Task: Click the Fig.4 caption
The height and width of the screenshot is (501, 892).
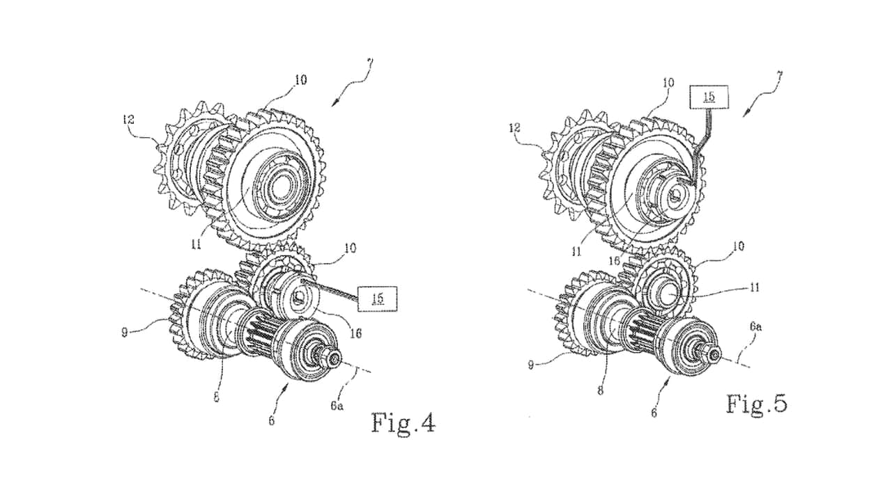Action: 403,422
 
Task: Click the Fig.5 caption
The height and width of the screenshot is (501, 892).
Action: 757,404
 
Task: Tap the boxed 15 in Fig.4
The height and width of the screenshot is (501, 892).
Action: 378,298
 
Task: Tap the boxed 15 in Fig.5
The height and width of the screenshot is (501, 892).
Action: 709,97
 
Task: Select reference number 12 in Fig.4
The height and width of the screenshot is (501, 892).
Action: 129,119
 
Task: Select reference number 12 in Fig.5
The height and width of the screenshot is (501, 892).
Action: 514,127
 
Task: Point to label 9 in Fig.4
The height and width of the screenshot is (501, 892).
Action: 125,333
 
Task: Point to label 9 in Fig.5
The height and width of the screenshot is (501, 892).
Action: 530,365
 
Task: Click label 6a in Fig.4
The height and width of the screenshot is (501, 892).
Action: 337,406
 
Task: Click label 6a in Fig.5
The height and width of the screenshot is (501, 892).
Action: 756,327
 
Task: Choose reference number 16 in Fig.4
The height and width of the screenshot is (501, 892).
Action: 355,333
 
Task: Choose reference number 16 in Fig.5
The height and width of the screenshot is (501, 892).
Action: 615,260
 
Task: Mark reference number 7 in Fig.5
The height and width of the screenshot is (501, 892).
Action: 779,77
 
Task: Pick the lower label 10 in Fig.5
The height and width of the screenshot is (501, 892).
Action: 738,246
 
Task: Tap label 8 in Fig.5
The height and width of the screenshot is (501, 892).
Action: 600,390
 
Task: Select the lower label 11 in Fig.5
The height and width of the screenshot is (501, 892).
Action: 755,287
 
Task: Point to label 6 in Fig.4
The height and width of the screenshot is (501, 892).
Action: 272,421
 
